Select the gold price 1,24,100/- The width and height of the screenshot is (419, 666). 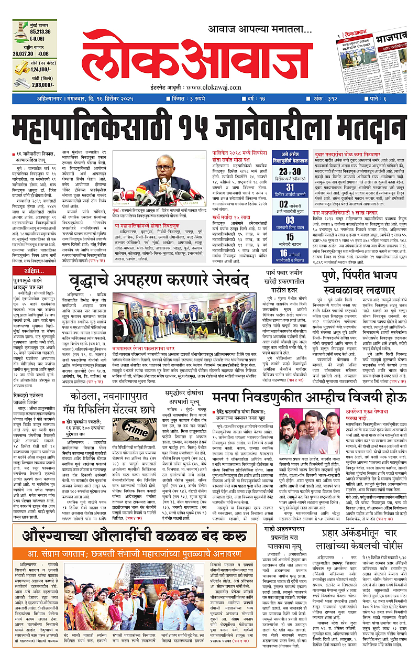pos(45,69)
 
